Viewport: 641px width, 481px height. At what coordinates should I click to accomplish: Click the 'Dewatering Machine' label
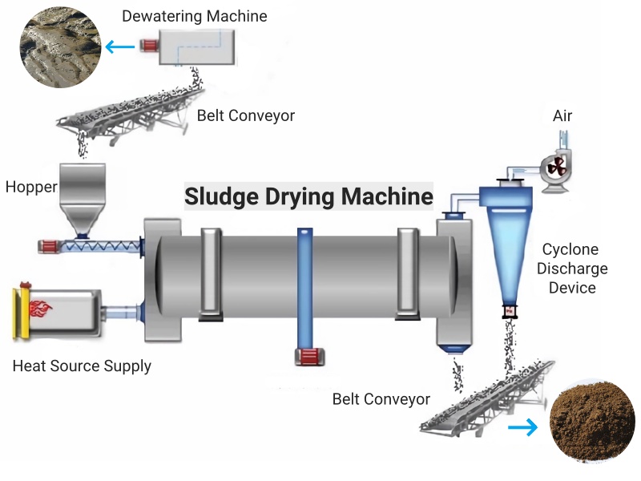point(195,16)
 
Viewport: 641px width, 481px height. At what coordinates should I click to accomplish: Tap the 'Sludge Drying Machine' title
point(308,196)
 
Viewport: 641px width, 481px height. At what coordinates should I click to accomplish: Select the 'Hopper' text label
point(31,187)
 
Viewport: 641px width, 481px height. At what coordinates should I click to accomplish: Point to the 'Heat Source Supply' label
point(82,366)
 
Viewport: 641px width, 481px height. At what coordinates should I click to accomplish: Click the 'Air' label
point(562,116)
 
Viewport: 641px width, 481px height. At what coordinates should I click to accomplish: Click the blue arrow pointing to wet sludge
point(121,47)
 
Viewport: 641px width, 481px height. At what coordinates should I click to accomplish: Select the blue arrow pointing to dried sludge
point(523,428)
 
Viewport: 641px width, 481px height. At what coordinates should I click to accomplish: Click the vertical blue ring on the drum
point(305,289)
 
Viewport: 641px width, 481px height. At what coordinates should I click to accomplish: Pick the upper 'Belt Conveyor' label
point(246,115)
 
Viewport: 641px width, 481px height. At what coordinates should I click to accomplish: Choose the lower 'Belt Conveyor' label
point(381,398)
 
